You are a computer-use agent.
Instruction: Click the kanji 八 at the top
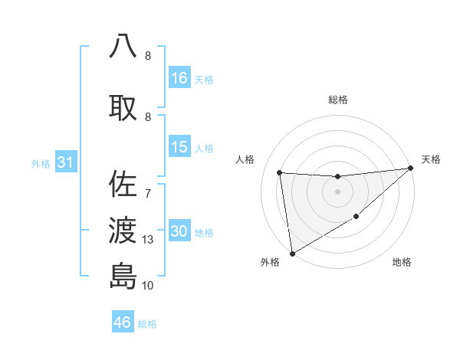(123, 46)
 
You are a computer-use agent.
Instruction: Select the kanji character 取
(123, 108)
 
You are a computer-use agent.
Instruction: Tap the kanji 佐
(123, 185)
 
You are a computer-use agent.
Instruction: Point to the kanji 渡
(123, 229)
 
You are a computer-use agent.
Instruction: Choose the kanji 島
(123, 275)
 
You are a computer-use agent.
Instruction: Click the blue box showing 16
(179, 77)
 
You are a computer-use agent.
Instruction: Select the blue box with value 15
(179, 147)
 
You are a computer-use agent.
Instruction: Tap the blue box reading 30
(179, 231)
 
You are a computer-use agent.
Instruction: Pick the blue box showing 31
(65, 162)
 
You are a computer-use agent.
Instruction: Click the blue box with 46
(123, 322)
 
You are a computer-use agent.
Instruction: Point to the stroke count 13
(149, 240)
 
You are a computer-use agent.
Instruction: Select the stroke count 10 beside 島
(149, 286)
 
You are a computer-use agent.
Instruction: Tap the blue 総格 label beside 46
(148, 324)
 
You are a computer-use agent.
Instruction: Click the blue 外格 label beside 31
(41, 164)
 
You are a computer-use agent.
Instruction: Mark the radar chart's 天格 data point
(411, 169)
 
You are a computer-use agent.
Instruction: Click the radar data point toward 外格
(291, 253)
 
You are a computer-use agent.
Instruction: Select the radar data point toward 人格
(280, 172)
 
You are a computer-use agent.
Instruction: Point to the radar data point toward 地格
(356, 218)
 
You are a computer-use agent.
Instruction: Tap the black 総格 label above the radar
(338, 100)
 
